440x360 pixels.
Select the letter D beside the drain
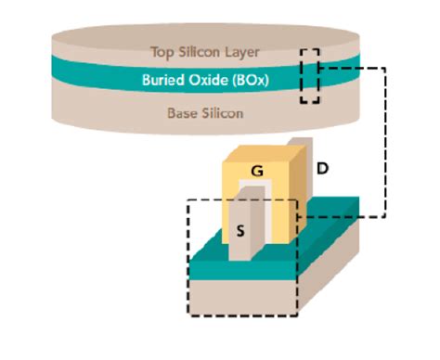click(x=321, y=169)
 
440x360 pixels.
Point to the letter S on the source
click(x=241, y=231)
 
